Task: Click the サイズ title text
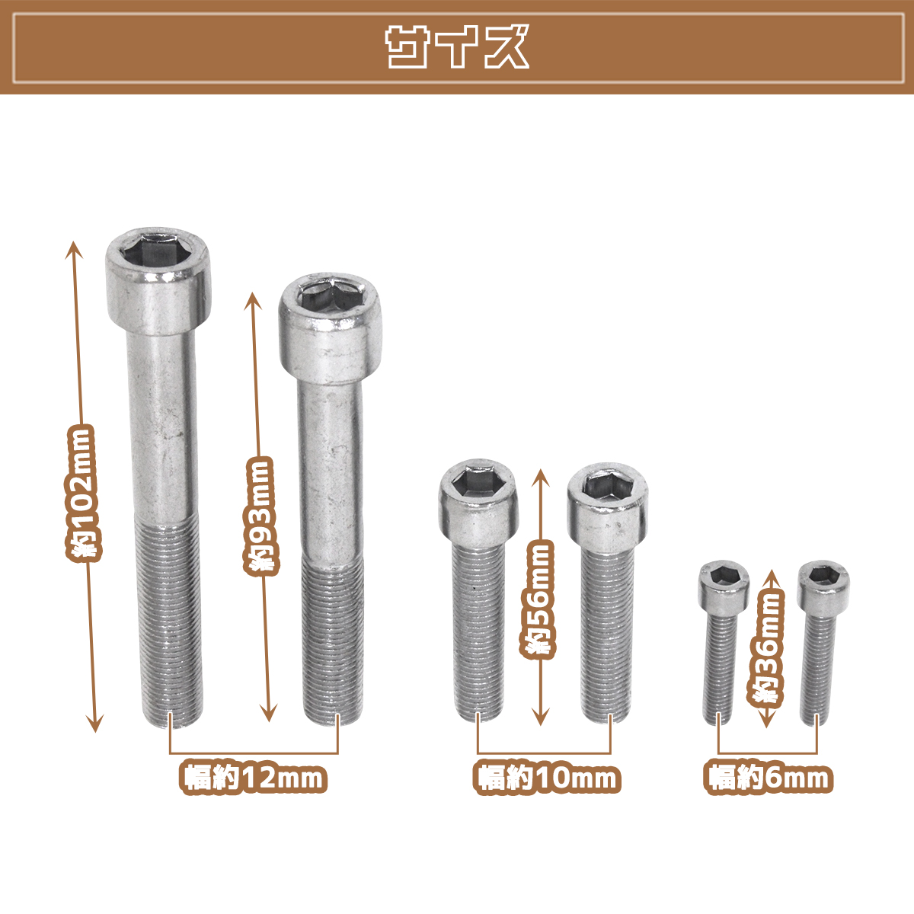(x=457, y=47)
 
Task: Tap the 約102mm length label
(x=84, y=494)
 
